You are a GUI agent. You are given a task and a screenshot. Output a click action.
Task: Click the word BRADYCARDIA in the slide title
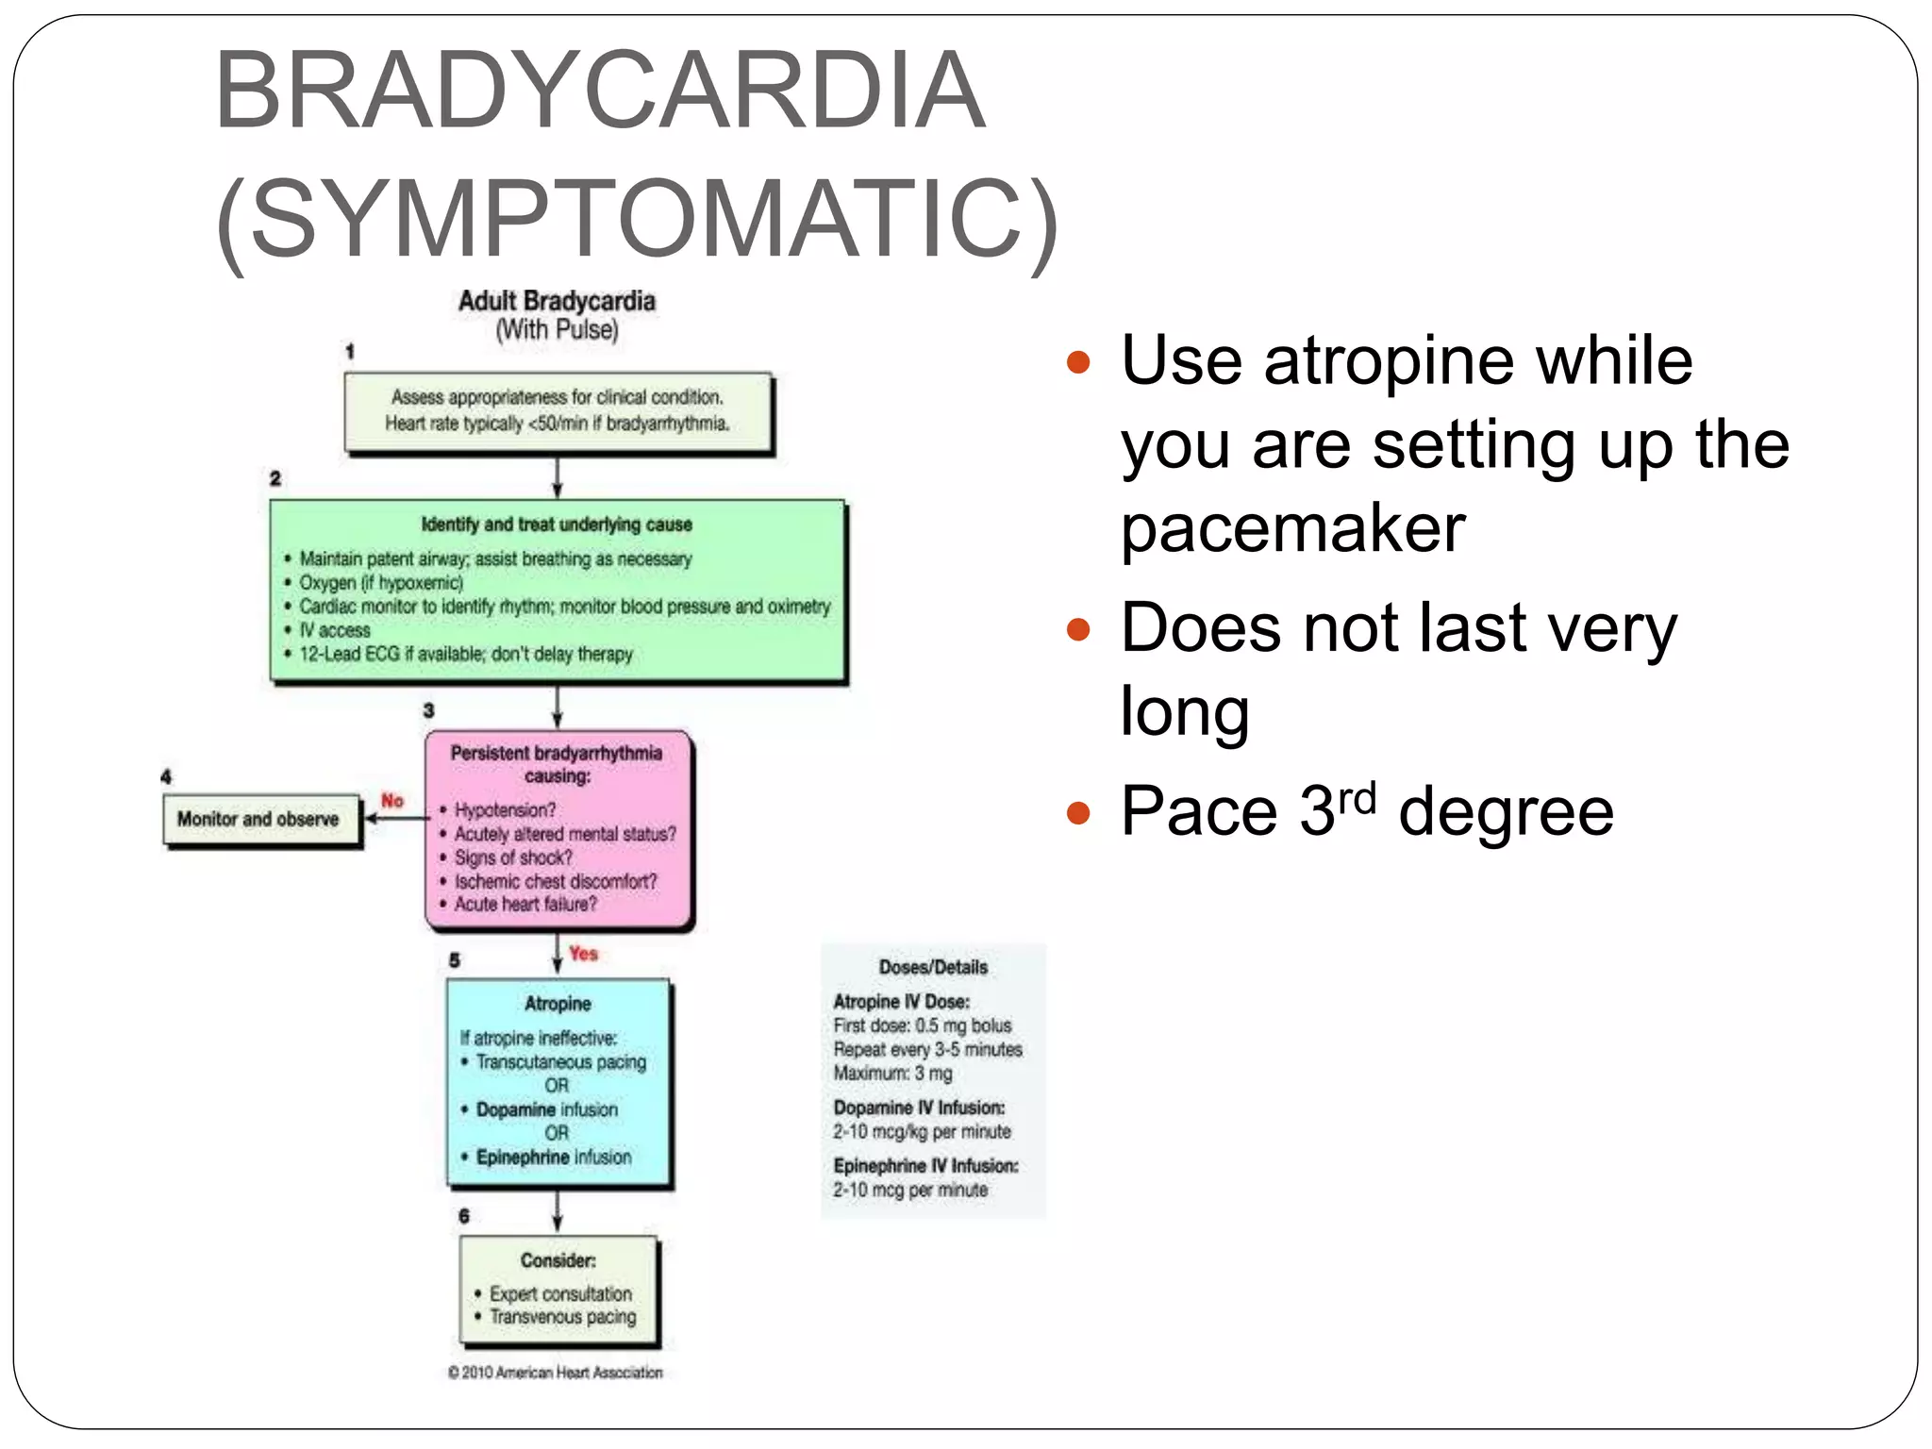pos(600,92)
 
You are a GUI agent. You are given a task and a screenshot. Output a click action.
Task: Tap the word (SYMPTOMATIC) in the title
pos(638,219)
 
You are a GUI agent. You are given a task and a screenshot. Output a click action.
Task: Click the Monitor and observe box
pos(258,819)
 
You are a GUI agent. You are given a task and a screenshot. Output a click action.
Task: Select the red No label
pos(392,800)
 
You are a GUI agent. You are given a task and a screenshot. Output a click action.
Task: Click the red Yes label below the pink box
pos(583,954)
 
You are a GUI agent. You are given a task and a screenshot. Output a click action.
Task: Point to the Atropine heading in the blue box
pos(558,1004)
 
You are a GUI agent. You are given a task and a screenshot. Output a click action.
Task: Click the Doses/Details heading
pos(933,967)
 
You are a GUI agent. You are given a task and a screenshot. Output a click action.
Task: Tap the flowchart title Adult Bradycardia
pos(557,301)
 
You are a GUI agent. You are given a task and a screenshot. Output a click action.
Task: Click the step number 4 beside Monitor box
pos(166,776)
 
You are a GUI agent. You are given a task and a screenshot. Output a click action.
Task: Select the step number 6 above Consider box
pos(463,1216)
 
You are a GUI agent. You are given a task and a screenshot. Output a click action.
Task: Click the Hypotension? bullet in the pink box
pos(505,810)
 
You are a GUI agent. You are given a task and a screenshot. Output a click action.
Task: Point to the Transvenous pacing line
pos(562,1317)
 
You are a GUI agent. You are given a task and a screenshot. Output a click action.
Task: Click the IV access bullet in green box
pos(335,630)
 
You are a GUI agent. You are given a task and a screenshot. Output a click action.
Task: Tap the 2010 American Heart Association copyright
pos(556,1373)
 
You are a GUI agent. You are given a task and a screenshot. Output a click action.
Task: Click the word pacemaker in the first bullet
pos(1292,528)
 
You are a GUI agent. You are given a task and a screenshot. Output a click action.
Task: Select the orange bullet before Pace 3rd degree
pos(1077,812)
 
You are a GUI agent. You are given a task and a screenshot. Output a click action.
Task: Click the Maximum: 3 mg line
pos(892,1074)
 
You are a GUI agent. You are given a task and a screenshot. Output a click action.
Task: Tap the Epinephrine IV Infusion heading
pos(925,1166)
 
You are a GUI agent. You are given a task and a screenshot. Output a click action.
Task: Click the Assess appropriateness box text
pos(558,410)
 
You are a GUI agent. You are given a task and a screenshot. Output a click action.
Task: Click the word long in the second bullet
pos(1185,711)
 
